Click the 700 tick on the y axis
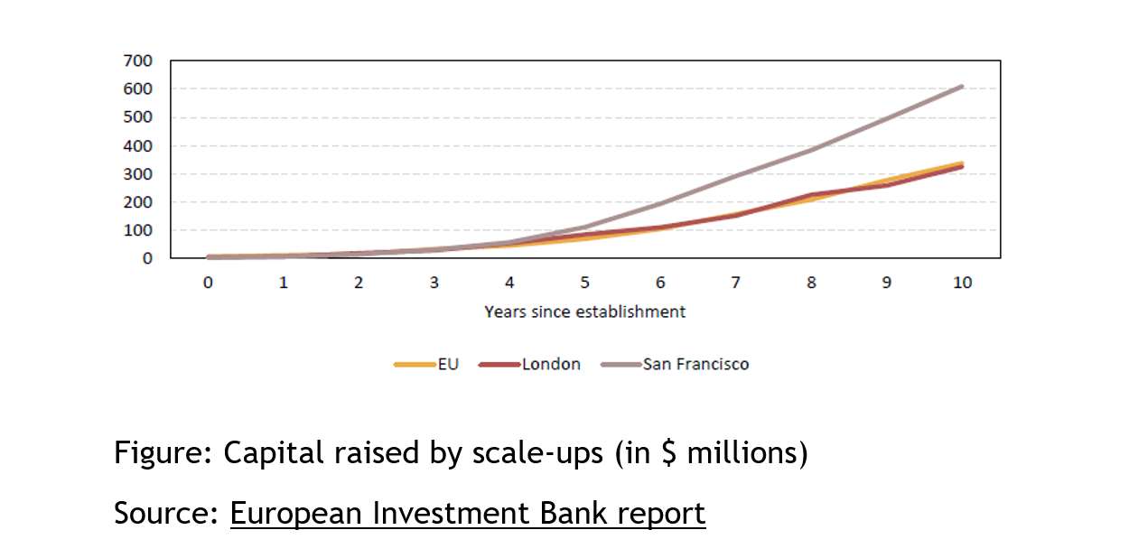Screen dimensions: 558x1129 click(140, 61)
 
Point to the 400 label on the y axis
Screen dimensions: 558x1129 click(140, 146)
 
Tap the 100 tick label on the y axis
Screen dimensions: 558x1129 click(140, 230)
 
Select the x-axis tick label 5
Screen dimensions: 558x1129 click(585, 283)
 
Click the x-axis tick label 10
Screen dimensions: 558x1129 click(962, 283)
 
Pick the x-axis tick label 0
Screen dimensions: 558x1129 click(208, 283)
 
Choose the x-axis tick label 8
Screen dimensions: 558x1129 click(811, 283)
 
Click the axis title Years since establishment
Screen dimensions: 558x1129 click(584, 312)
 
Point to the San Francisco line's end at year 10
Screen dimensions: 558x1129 click(962, 87)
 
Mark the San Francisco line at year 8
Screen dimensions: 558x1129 click(811, 150)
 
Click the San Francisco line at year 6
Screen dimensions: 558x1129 click(660, 203)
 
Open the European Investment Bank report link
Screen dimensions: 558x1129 click(467, 513)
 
